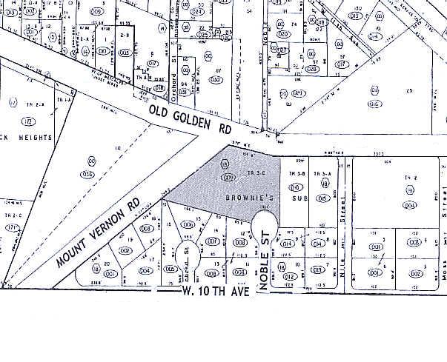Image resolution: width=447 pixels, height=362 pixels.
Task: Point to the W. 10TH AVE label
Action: [215, 290]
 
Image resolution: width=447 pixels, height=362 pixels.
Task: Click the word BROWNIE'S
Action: [236, 200]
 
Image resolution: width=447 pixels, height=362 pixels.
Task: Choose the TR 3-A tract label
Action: [322, 172]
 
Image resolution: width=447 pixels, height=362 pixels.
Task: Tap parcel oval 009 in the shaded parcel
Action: [229, 178]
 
